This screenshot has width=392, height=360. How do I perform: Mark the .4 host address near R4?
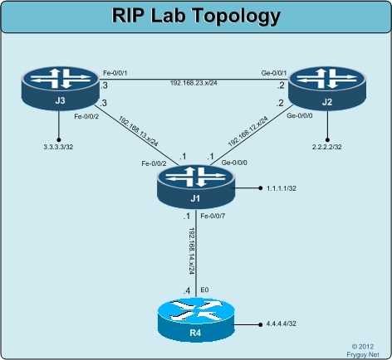coord(187,289)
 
